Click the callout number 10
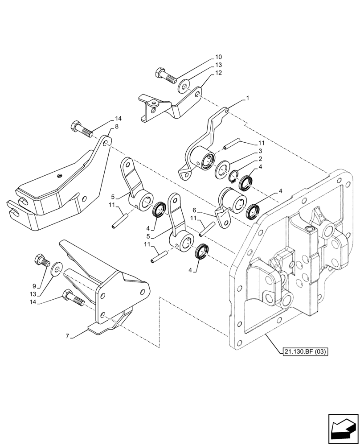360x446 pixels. [x=218, y=57]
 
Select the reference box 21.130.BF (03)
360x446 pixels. [x=305, y=352]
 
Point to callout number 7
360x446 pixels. [x=68, y=336]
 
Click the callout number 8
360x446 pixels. [x=117, y=127]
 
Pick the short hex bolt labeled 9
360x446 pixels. [x=41, y=260]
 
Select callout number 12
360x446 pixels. [x=218, y=72]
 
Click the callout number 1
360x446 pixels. [x=248, y=97]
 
